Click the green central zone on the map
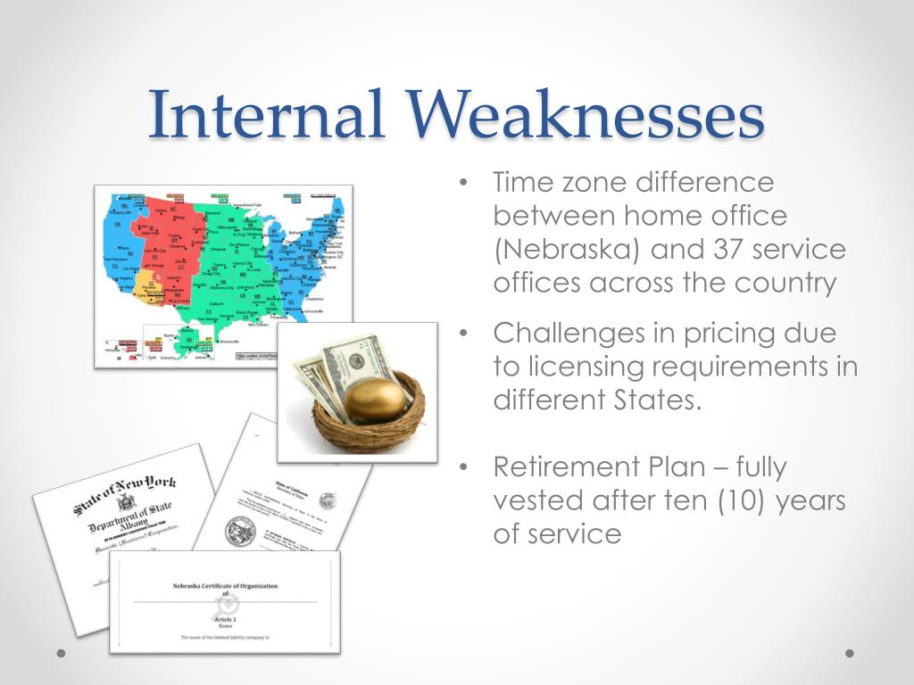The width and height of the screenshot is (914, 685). [x=232, y=276]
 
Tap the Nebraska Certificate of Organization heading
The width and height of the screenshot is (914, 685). [x=225, y=586]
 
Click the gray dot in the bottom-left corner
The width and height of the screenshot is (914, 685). [x=61, y=653]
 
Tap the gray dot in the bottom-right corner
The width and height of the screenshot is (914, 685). [x=850, y=653]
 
